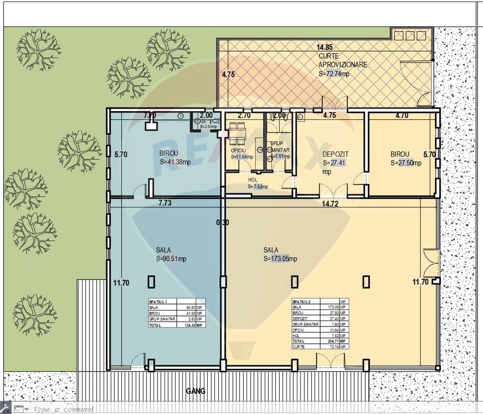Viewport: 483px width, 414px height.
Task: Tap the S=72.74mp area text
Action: (x=334, y=73)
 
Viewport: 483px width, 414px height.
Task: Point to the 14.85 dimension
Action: (x=325, y=47)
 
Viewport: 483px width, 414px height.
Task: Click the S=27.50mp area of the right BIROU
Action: (x=406, y=163)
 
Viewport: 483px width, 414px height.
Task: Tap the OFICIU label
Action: (x=238, y=150)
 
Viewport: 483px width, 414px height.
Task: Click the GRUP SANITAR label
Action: (x=278, y=147)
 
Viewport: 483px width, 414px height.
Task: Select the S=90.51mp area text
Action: (x=171, y=259)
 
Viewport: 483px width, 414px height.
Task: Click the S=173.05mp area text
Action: (x=280, y=259)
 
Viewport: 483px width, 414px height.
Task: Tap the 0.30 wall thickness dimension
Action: (x=223, y=223)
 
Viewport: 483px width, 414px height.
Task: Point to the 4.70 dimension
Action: (x=401, y=115)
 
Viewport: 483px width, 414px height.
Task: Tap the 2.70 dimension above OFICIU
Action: (x=244, y=115)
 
